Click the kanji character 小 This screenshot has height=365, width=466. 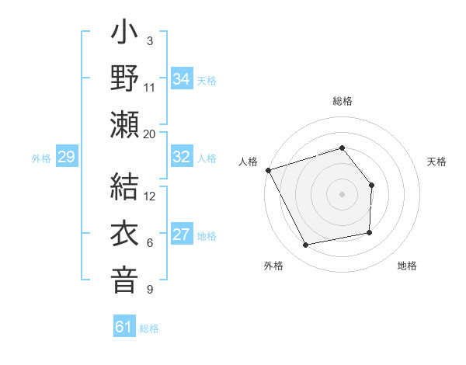click(124, 35)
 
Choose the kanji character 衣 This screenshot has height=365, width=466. click(124, 234)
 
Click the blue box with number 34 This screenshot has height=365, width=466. click(182, 78)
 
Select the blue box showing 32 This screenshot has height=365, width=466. click(182, 157)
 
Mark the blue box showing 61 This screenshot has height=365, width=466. click(124, 327)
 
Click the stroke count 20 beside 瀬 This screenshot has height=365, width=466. click(149, 134)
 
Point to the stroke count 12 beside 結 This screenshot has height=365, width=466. click(150, 196)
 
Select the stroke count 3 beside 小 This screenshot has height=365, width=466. click(149, 40)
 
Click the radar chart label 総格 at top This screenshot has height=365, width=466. click(342, 102)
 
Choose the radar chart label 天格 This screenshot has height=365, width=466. click(436, 162)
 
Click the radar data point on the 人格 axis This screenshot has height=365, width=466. click(268, 169)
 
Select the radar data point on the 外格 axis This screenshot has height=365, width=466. click(306, 245)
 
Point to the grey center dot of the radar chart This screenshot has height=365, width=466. click(342, 194)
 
